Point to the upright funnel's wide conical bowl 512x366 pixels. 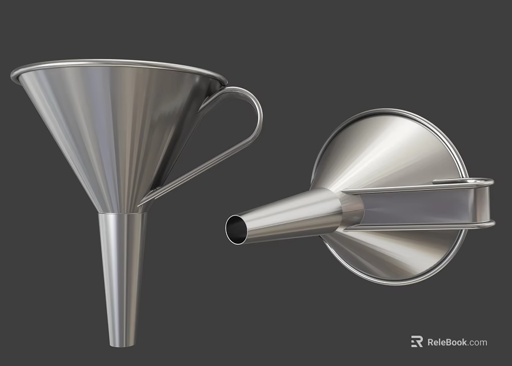(x=114, y=126)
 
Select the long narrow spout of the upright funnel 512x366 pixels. (x=122, y=274)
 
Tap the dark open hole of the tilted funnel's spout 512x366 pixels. (x=235, y=229)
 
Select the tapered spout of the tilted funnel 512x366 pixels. (x=286, y=214)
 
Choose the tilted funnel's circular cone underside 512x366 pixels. (x=394, y=149)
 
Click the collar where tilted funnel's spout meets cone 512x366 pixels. (x=350, y=209)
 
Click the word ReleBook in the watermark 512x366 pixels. (x=447, y=342)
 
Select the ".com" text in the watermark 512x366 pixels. (x=478, y=342)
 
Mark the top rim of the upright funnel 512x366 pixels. (x=114, y=64)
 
